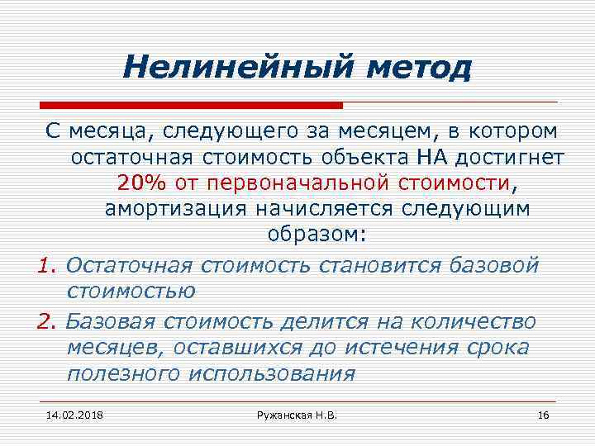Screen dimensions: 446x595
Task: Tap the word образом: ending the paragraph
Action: (315, 235)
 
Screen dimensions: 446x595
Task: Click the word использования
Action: (272, 373)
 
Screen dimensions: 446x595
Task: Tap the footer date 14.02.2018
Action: (70, 413)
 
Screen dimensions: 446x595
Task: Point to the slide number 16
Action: (543, 413)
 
